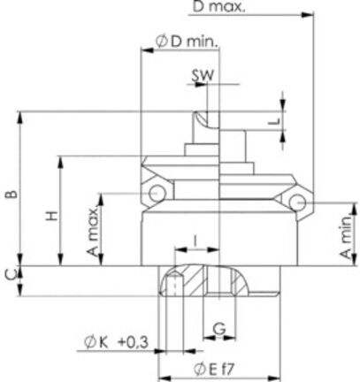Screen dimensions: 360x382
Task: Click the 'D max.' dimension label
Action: coord(218,6)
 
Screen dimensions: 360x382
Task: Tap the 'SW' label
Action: coord(203,75)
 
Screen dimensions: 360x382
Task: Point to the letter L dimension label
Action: coord(274,121)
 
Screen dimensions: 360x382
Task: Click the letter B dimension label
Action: coord(12,195)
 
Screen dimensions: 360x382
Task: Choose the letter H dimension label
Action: coord(52,216)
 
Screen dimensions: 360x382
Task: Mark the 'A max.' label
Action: coord(93,232)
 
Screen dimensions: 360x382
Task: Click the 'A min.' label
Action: coord(347,237)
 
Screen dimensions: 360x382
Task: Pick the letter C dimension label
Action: coord(11,276)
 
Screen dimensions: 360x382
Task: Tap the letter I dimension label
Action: coord(195,241)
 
